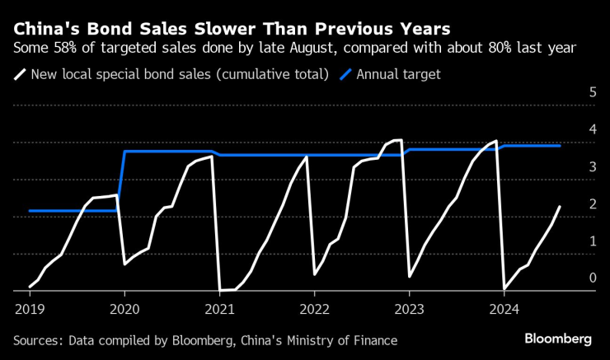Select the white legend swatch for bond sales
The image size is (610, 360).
pos(19,74)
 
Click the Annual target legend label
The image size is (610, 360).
pos(398,74)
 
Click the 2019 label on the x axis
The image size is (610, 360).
pos(30,309)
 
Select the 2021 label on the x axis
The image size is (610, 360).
pos(220,309)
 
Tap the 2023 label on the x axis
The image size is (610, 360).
pos(410,309)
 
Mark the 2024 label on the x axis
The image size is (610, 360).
pos(505,309)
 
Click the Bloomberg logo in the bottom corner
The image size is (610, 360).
pos(558,339)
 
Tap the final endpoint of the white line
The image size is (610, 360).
pos(560,207)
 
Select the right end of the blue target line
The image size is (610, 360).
pos(561,146)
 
